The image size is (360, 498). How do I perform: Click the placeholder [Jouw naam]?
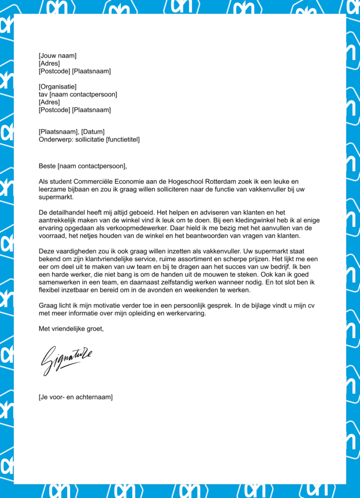(57, 56)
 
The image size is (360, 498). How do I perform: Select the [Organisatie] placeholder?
(57, 87)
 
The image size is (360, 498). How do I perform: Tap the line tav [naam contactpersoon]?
(78, 94)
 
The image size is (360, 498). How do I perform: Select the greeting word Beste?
(47, 166)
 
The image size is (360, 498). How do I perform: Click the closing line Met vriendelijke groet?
(71, 329)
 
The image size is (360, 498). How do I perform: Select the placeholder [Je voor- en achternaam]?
(75, 397)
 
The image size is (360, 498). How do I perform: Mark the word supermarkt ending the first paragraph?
(55, 197)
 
